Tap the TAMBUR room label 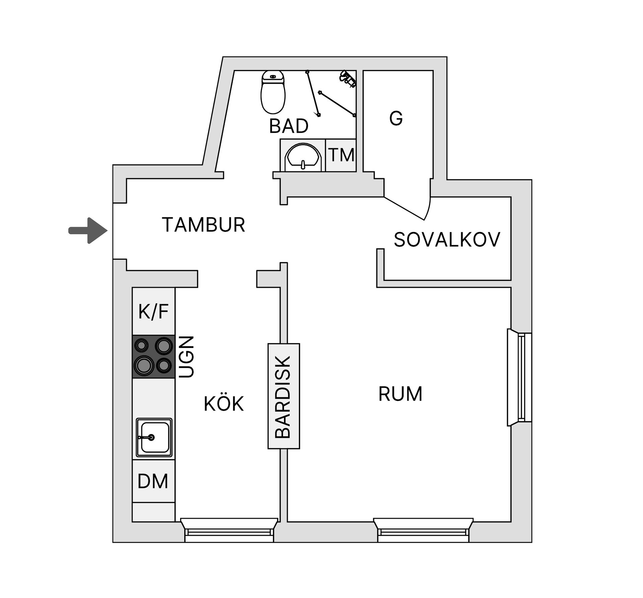(203, 225)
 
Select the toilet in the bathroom (273, 92)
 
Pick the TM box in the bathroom (341, 155)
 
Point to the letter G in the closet (396, 118)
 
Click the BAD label (288, 126)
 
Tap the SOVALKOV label (447, 240)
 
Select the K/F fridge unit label (153, 312)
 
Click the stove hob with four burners (153, 356)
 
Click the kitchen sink (154, 437)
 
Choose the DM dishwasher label (153, 481)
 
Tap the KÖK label (223, 404)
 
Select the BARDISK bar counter (283, 396)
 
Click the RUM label (400, 394)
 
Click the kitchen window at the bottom (229, 532)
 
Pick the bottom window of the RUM (423, 532)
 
